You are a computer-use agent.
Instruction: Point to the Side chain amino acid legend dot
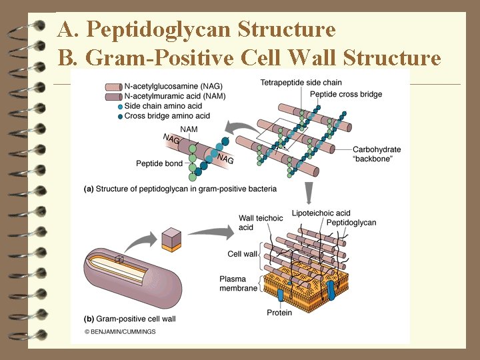[119, 107]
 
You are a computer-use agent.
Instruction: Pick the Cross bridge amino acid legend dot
[119, 116]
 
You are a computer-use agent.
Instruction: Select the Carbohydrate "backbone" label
[377, 154]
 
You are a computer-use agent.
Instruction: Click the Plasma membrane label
[238, 283]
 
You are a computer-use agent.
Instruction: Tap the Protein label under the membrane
[279, 313]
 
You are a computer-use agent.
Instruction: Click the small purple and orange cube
[171, 239]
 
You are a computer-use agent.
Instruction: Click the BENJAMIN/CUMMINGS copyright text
[120, 331]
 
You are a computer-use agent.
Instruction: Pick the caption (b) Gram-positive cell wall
[130, 319]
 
